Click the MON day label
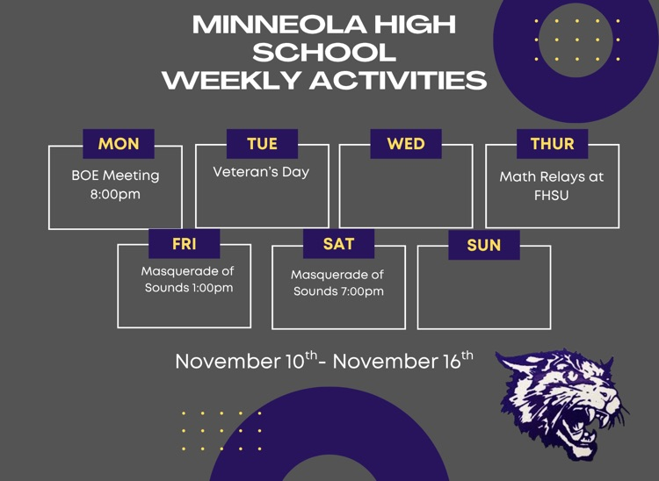tap(119, 144)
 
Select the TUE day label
tap(262, 144)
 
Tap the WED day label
tap(405, 144)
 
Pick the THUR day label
tap(552, 144)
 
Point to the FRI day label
tap(184, 244)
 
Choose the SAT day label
tap(338, 244)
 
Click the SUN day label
tap(483, 245)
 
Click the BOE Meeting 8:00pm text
tap(115, 184)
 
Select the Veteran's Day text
tap(261, 172)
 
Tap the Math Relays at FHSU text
tap(552, 185)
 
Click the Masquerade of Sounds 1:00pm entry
tap(188, 279)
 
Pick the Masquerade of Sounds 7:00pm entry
tap(338, 283)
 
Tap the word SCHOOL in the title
tap(324, 52)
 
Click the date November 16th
tap(402, 361)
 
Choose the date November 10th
tap(245, 361)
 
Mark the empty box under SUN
tap(483, 292)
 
